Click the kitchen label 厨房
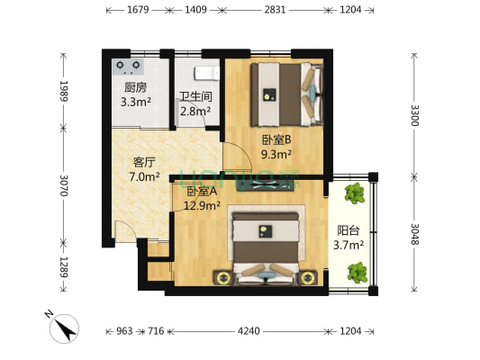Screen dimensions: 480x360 (x=135, y=88)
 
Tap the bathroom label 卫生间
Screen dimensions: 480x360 (x=196, y=96)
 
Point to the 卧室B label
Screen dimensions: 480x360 (x=276, y=140)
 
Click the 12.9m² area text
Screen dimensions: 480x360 (x=202, y=205)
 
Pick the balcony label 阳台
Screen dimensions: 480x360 (x=349, y=230)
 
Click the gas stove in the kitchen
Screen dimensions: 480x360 (x=128, y=67)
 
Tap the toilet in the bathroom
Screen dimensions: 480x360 (x=207, y=73)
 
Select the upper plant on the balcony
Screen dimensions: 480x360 (x=355, y=193)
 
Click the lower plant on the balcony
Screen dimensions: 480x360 (x=358, y=272)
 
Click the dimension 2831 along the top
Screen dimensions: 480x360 (x=275, y=10)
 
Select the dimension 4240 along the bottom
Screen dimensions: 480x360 (x=249, y=331)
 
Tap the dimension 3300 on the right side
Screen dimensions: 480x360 (x=414, y=115)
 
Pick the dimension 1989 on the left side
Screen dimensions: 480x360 (x=64, y=91)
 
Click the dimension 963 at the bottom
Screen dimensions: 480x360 (x=124, y=331)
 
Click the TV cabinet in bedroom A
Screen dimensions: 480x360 (x=265, y=185)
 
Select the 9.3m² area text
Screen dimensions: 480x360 (x=276, y=154)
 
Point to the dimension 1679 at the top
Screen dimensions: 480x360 (x=138, y=10)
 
